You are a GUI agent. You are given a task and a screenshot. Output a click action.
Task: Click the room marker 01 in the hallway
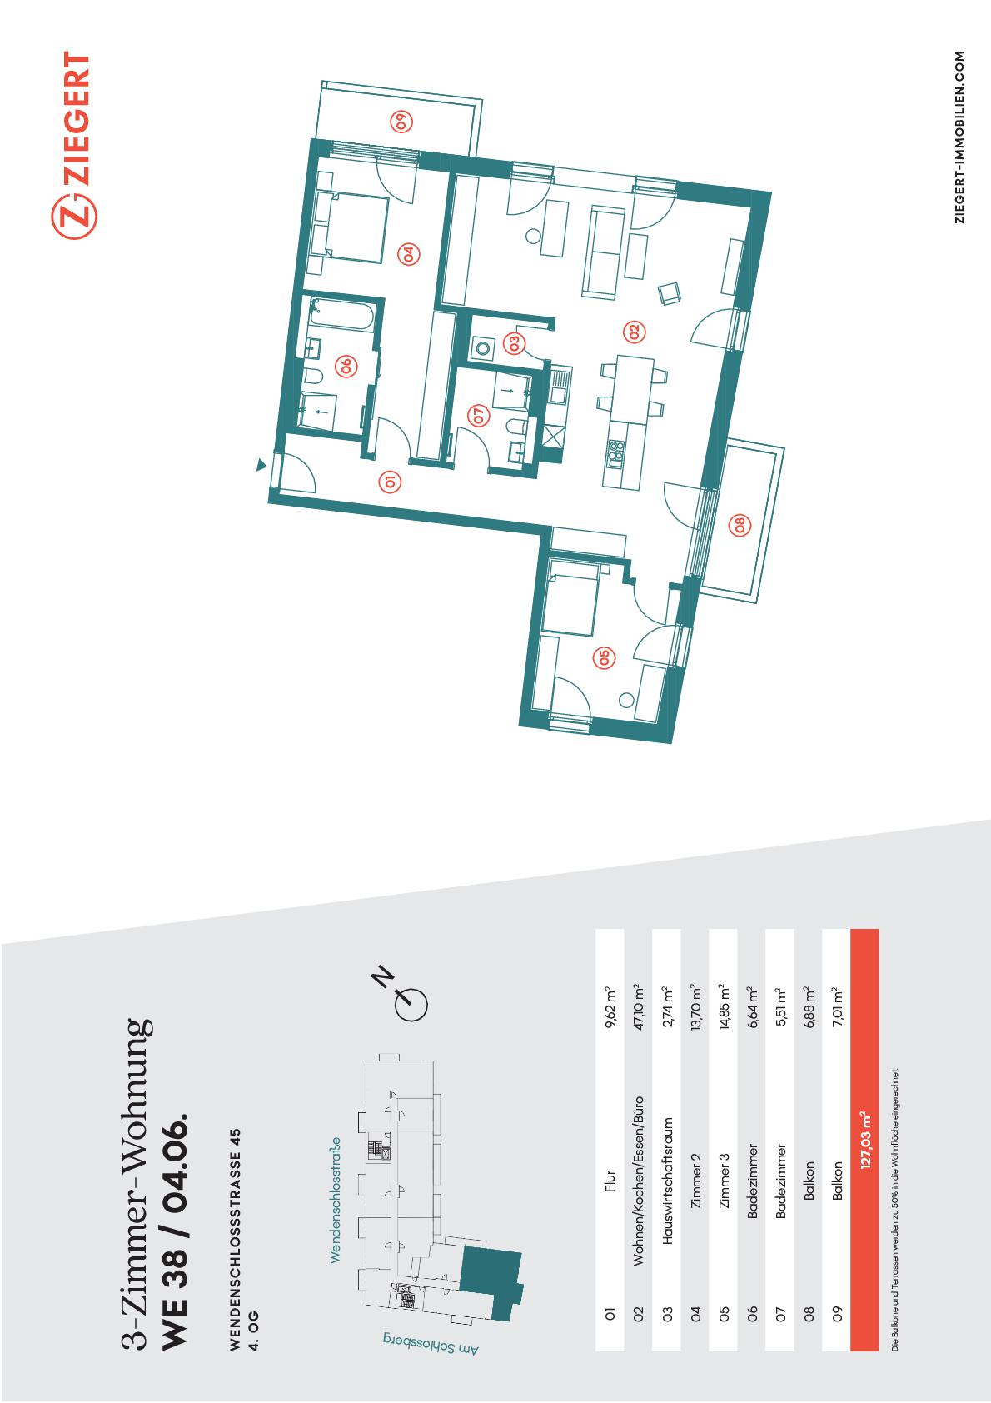390,482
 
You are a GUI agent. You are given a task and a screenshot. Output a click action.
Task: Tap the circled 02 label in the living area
634,332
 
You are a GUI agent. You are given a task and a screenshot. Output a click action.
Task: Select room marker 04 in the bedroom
409,254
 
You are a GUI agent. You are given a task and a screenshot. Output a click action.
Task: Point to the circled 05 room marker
604,657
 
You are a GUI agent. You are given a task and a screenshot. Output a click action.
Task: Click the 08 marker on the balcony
740,525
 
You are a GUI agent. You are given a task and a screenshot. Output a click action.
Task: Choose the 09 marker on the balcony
401,121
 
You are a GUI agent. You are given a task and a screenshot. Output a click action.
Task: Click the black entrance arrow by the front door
261,464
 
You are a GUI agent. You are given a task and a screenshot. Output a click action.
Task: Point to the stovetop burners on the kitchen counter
616,454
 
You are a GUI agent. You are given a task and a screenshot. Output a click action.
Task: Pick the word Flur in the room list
610,1181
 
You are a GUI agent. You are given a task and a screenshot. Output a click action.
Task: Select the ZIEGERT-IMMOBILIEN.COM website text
959,137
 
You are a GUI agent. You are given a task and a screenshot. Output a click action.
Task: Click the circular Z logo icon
74,217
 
